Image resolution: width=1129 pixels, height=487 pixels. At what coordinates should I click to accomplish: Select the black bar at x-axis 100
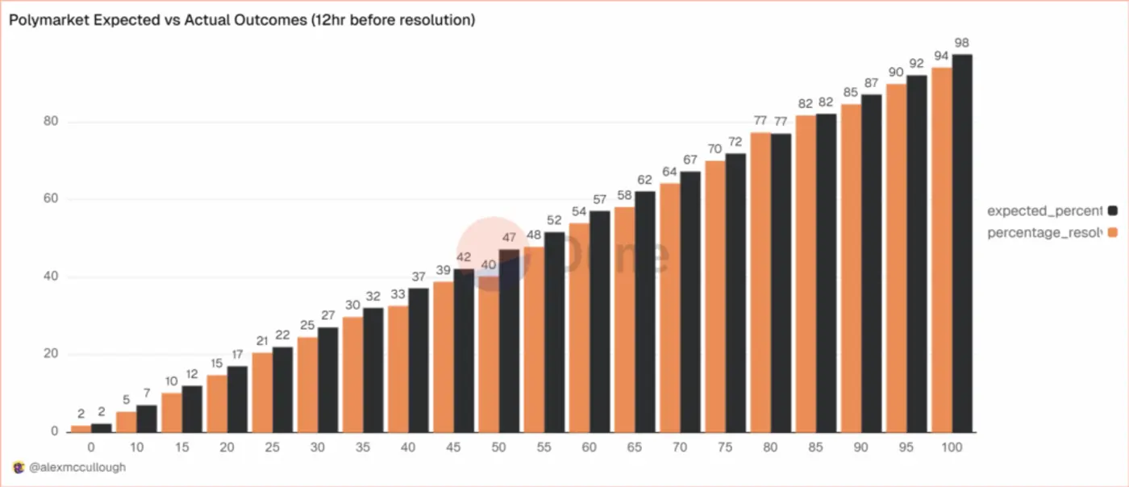[x=962, y=242]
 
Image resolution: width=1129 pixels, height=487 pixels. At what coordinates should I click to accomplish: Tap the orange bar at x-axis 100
[x=941, y=250]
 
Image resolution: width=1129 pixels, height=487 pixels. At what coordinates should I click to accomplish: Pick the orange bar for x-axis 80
[x=760, y=282]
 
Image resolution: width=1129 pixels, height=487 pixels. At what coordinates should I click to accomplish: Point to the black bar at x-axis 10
[x=147, y=418]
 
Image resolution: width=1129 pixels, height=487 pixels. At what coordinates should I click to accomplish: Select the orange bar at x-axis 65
[x=624, y=319]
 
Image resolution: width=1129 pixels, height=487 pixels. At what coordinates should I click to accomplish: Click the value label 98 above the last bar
[x=961, y=43]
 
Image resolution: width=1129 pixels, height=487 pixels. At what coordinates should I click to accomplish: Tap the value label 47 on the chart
[x=509, y=238]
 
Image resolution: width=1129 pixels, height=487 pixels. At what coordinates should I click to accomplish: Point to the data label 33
[x=398, y=294]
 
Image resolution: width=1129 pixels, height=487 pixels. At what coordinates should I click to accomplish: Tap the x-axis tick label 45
[x=453, y=447]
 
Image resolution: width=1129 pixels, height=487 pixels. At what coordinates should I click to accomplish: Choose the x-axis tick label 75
[x=725, y=447]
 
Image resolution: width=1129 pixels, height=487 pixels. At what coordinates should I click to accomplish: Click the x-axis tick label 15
[x=181, y=447]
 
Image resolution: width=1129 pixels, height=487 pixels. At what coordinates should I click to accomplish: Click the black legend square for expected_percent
[x=1113, y=210]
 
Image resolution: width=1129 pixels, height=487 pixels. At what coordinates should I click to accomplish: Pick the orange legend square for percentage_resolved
[x=1113, y=232]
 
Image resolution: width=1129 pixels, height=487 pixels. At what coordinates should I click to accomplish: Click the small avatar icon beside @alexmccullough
[x=19, y=467]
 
